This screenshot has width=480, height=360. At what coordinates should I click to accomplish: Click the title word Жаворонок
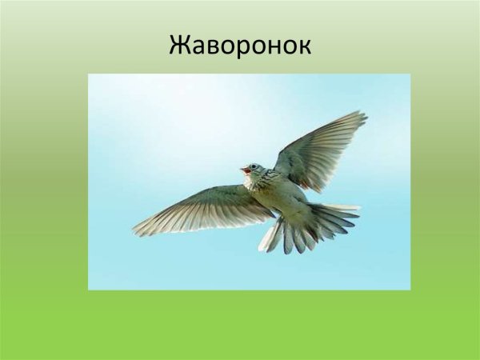(x=240, y=46)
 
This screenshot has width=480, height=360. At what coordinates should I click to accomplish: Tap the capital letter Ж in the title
(x=178, y=46)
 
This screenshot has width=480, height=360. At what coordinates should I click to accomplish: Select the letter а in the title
(x=197, y=48)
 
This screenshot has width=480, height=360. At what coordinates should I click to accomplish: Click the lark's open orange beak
(x=244, y=170)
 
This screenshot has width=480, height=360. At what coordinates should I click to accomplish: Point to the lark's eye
(x=253, y=167)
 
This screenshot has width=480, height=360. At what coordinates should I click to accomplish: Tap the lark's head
(x=254, y=170)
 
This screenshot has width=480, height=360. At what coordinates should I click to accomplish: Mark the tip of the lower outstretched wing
(x=136, y=232)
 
